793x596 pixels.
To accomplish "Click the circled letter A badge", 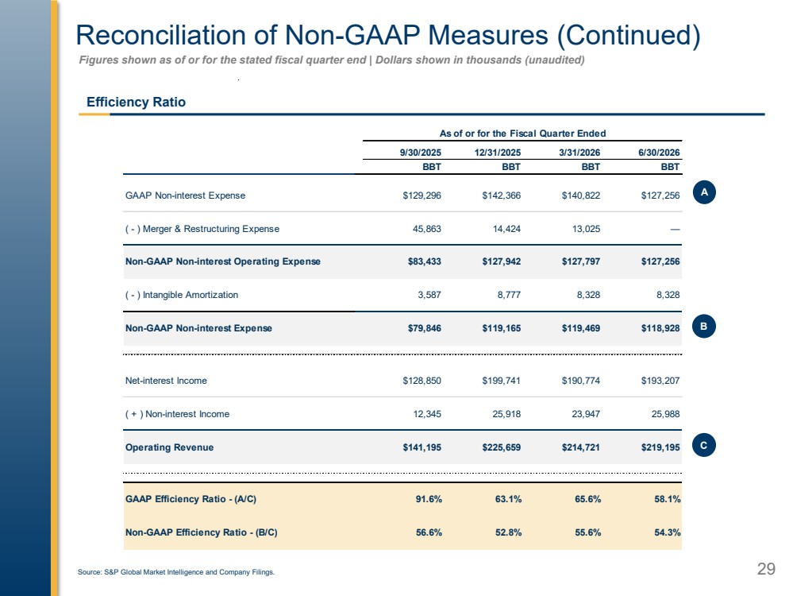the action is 704,192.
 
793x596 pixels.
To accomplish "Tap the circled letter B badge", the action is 704,327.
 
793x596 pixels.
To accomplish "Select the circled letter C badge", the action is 704,446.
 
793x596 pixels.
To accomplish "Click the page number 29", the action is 766,569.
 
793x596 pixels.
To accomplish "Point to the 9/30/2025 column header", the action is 420,153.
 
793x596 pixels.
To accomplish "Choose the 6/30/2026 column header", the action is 659,153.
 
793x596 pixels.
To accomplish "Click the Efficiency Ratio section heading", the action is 136,102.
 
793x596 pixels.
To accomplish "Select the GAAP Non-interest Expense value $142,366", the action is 501,195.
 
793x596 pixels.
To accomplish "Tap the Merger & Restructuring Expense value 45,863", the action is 427,229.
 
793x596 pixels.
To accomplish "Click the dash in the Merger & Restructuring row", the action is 675,230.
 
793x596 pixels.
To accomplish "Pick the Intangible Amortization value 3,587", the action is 429,295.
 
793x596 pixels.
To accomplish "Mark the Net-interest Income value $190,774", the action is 580,381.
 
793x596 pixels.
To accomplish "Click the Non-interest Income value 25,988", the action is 665,414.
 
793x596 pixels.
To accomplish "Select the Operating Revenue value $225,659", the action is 501,447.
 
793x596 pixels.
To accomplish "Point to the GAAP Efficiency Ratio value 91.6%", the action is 429,499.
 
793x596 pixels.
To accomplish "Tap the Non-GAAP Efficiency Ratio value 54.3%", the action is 668,532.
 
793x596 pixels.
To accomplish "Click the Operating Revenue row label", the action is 169,447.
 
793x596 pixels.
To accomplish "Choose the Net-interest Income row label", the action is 166,381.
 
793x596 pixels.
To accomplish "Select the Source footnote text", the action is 176,571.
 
